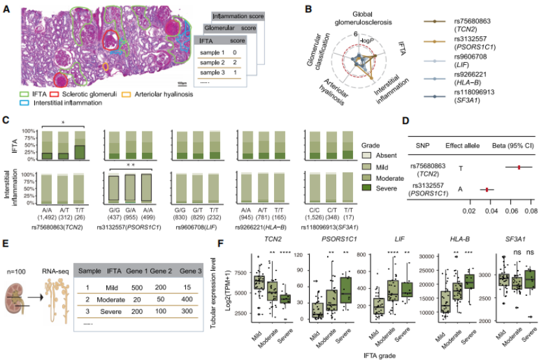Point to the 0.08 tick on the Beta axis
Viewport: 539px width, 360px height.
pos(531,210)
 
